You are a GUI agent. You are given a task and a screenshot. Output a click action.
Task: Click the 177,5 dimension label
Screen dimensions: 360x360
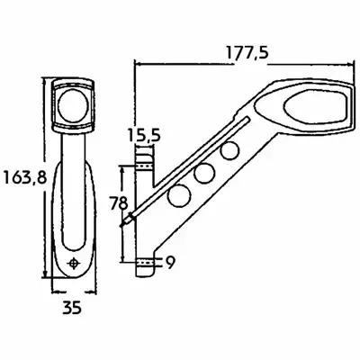(247, 53)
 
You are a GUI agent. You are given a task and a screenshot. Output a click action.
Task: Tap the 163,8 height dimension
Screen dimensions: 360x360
(25, 177)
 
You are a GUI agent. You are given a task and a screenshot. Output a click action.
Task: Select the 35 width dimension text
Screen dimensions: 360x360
(72, 308)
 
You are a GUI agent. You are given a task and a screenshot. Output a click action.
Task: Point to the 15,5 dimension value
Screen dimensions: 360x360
(144, 135)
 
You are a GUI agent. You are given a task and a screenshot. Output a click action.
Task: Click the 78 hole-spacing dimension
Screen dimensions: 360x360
(118, 203)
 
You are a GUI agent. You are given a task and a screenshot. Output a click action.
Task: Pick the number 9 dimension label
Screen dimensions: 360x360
(170, 263)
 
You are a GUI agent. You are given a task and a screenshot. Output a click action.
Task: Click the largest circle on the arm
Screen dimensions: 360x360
(180, 195)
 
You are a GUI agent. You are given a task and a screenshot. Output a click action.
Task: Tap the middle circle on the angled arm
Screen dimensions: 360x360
(204, 174)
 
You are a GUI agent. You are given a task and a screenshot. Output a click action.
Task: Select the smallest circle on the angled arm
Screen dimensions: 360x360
(229, 151)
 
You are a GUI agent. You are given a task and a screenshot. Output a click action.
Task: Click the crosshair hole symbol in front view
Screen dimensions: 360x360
(74, 264)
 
